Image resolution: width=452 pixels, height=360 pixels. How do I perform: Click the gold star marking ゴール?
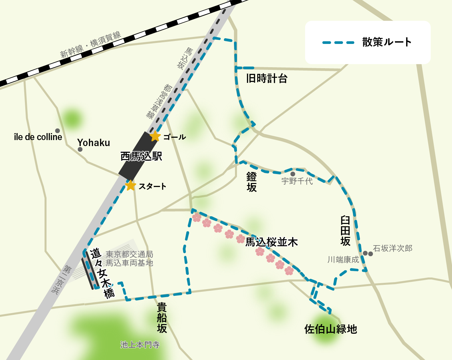155,136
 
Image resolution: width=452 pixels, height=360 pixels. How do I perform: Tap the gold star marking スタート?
131,185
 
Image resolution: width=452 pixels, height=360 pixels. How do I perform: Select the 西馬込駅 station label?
141,156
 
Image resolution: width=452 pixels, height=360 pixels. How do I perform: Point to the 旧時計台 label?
267,79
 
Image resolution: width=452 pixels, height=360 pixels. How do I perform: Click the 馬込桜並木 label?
272,242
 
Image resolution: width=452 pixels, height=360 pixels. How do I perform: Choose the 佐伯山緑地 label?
330,329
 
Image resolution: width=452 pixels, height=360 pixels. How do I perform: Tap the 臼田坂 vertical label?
346,231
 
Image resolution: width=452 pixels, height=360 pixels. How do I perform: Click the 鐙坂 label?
252,182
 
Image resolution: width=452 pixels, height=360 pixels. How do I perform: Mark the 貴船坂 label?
162,317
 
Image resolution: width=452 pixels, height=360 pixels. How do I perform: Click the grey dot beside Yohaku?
80,149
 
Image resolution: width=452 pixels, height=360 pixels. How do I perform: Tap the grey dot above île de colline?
57,131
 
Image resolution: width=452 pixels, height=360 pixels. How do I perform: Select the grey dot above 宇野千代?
293,174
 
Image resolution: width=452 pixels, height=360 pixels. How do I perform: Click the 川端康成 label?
343,260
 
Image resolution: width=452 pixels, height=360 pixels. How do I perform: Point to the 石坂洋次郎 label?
393,248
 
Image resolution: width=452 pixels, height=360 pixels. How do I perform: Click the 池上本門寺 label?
140,345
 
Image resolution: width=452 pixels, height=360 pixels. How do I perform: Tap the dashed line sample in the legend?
338,43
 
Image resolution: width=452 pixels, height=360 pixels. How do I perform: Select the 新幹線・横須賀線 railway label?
90,45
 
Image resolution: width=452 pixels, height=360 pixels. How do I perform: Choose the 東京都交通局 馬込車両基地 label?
129,259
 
